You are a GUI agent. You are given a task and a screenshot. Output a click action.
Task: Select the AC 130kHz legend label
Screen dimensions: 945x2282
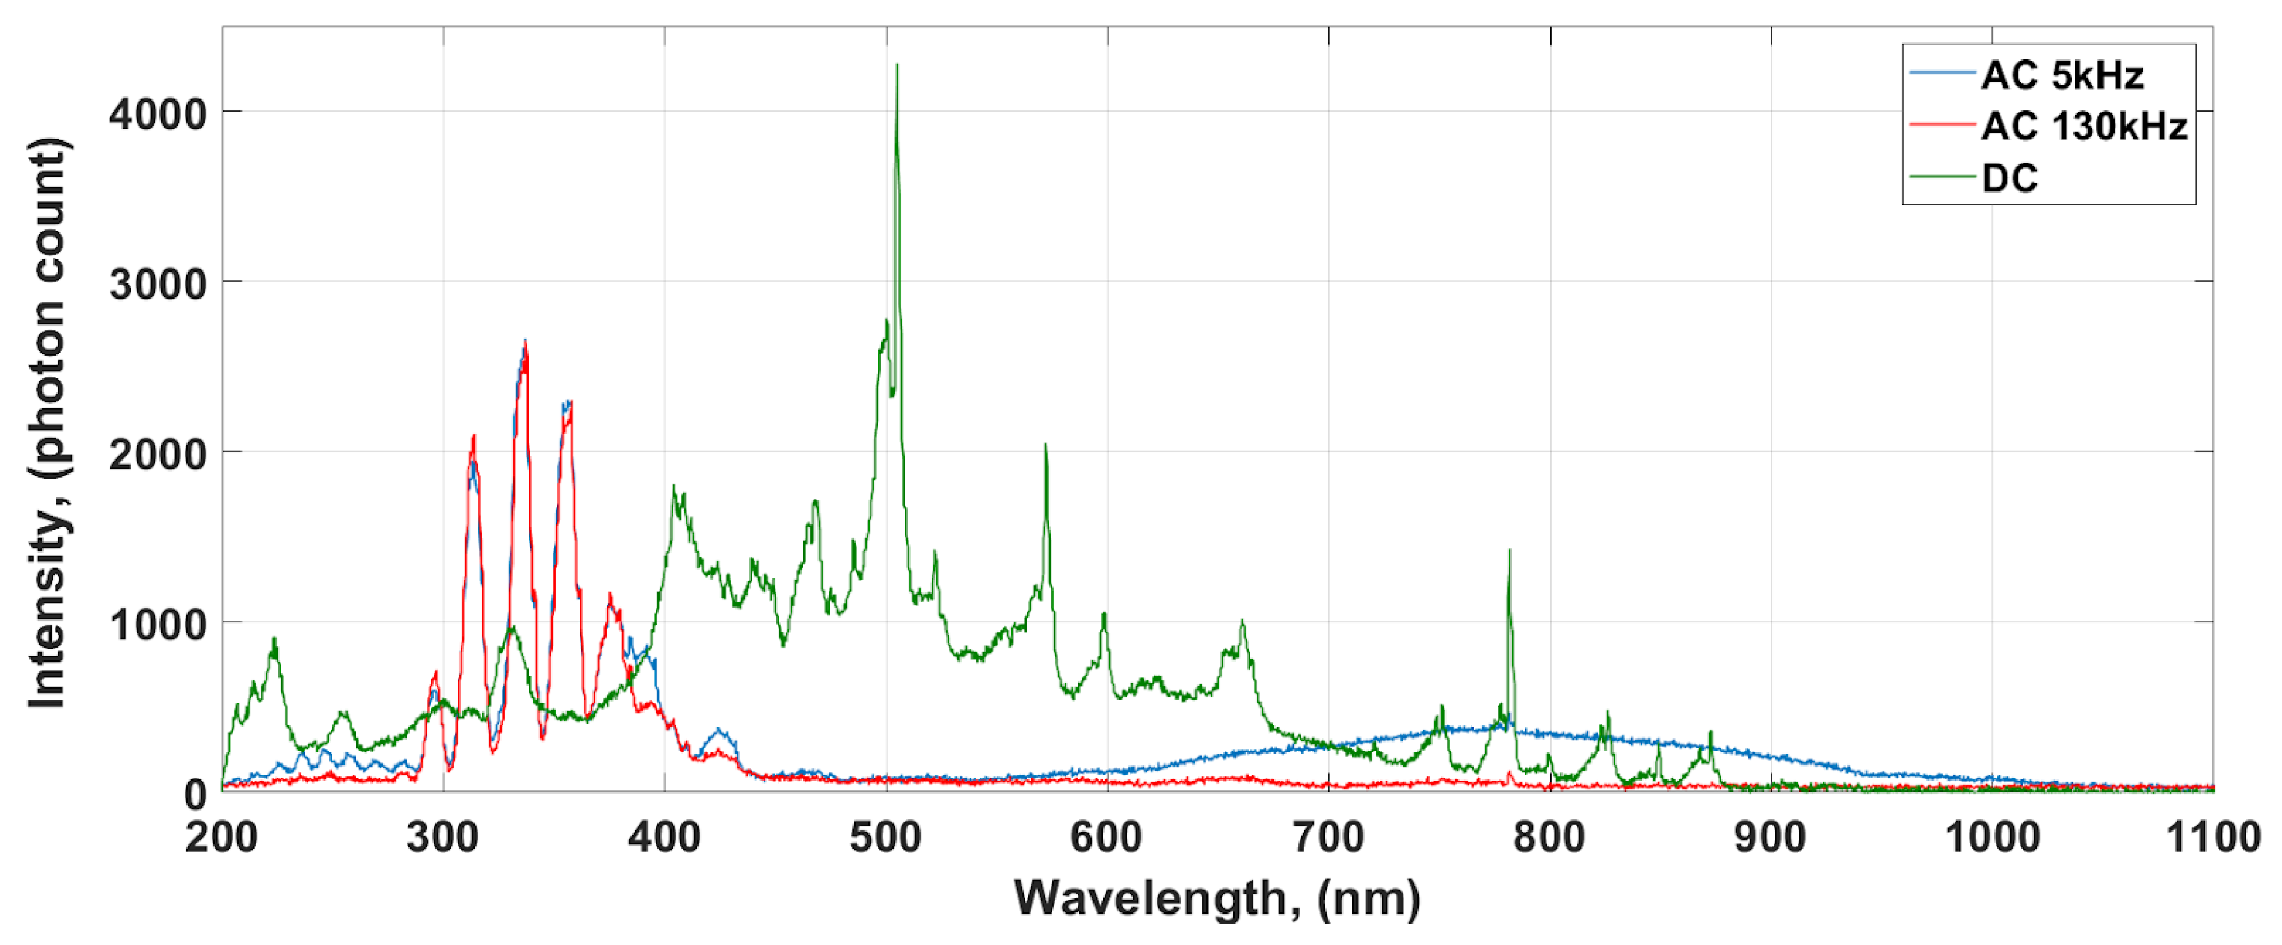(x=2083, y=127)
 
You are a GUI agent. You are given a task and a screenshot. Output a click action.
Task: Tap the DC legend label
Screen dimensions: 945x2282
(x=2009, y=178)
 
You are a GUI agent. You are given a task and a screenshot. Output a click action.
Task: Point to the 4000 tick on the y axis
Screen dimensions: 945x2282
(x=158, y=114)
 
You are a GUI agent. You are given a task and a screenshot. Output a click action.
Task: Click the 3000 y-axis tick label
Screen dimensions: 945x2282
(x=158, y=285)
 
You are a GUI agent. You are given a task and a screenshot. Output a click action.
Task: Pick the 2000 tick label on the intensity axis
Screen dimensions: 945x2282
(x=158, y=454)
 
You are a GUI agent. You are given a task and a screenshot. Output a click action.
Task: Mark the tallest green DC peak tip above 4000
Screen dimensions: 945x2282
(x=897, y=64)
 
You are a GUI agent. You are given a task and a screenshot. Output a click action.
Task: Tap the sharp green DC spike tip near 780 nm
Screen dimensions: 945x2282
(x=1509, y=551)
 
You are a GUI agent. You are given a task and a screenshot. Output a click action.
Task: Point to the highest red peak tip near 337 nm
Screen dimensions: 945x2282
(x=526, y=341)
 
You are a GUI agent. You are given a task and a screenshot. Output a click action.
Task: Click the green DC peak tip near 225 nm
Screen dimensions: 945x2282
(x=275, y=638)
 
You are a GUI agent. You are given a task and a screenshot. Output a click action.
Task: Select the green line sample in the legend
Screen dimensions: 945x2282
(x=1942, y=178)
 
